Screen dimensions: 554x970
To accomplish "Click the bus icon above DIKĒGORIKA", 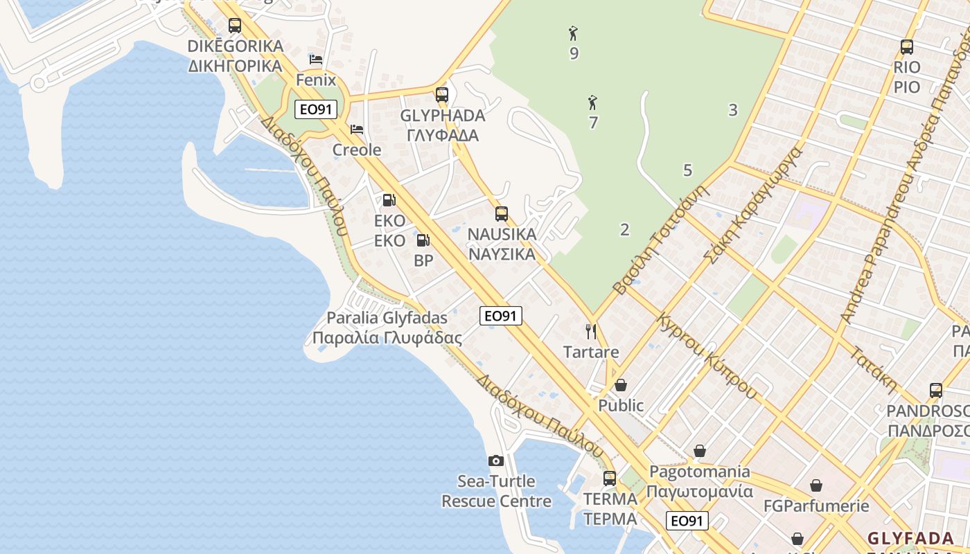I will [x=235, y=26].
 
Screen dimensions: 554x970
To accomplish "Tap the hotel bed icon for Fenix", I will [x=316, y=60].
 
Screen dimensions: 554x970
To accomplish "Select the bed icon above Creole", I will [x=357, y=129].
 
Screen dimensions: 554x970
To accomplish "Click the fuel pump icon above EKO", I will [x=389, y=200].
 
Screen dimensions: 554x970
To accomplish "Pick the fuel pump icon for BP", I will [x=423, y=240].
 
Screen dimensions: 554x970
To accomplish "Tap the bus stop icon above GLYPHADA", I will [x=442, y=95].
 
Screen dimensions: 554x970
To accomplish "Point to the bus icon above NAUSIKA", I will [x=502, y=214].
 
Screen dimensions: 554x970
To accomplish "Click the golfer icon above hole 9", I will [x=573, y=33].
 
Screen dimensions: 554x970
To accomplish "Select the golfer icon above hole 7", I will [x=592, y=103].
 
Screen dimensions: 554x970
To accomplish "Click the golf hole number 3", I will [x=733, y=109].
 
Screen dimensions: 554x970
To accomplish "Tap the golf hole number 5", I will [x=687, y=170].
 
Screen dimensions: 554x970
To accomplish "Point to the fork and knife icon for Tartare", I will [x=591, y=331].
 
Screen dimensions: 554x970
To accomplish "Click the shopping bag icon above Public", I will [x=621, y=385].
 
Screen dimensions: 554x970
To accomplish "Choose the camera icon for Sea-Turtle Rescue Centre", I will [x=496, y=461].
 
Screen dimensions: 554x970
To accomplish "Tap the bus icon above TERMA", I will [x=610, y=478].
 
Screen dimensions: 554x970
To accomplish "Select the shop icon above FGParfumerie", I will [x=816, y=485].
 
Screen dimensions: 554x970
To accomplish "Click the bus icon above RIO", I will [x=907, y=47].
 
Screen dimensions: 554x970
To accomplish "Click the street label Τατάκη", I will [x=874, y=370].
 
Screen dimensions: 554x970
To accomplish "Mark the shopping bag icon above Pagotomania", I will [x=700, y=452].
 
